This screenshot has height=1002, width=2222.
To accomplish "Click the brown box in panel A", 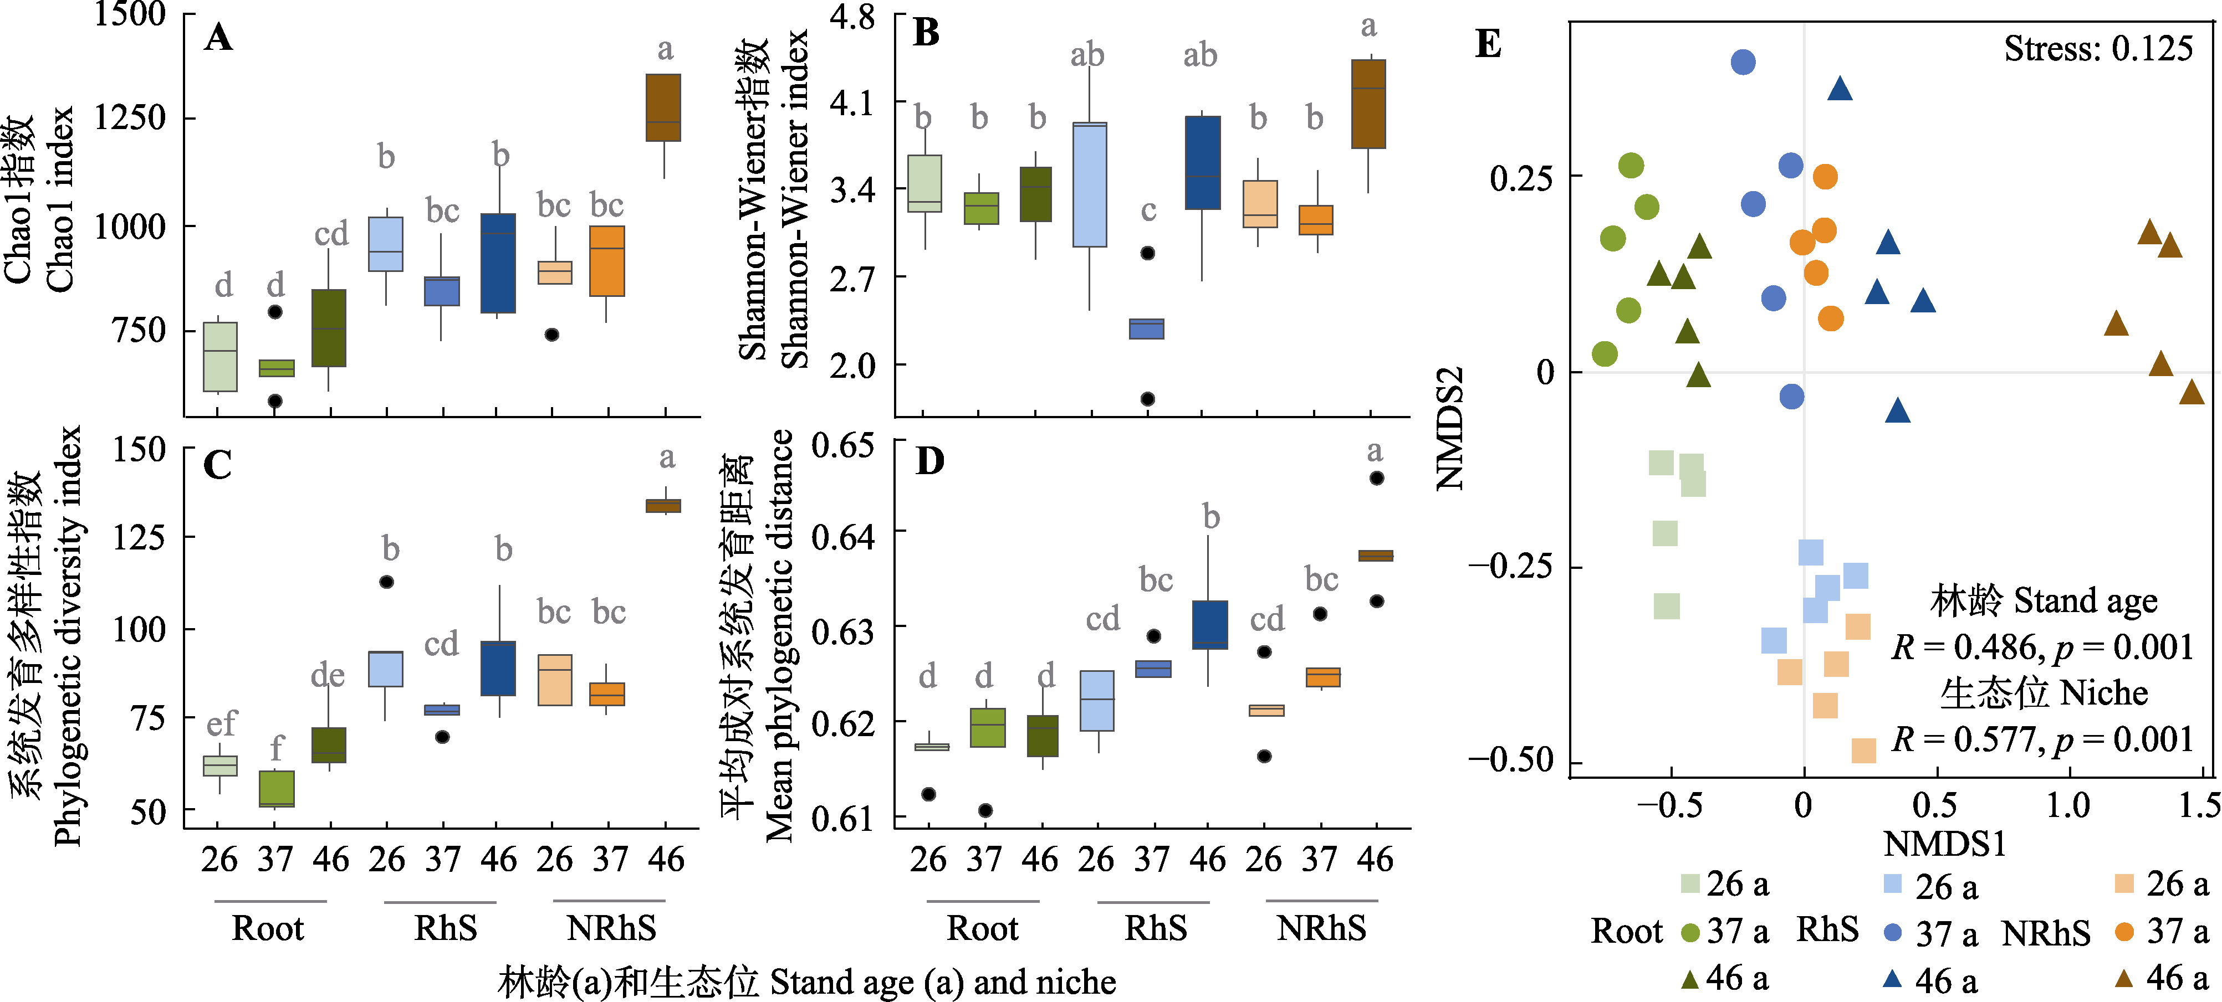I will tap(663, 108).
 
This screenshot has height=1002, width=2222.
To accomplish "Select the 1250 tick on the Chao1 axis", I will tap(129, 117).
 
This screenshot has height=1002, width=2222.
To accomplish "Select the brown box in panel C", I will tap(663, 505).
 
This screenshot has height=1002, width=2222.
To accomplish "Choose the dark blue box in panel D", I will tap(1209, 624).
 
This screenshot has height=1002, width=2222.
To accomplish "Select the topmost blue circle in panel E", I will tap(1743, 62).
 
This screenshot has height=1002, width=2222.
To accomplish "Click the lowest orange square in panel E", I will tap(1863, 750).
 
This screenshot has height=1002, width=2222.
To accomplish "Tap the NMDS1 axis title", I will tap(1944, 844).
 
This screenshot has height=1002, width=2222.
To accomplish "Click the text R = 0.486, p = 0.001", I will tap(2042, 647).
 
